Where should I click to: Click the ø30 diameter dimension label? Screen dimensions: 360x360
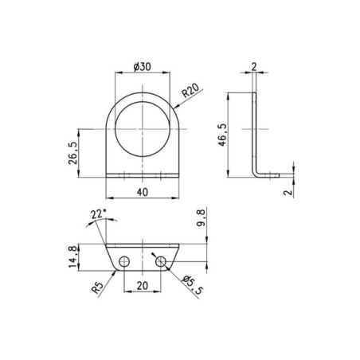(143, 67)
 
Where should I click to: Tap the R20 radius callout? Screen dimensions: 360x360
(190, 91)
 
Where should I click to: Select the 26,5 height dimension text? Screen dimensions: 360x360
(73, 153)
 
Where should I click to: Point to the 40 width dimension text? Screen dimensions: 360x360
(143, 192)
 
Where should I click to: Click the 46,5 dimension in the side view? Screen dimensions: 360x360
(222, 135)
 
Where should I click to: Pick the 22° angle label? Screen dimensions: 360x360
(98, 214)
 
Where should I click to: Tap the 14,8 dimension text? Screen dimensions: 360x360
(73, 256)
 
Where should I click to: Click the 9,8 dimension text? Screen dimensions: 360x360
(201, 217)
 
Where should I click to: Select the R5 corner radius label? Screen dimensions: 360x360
(97, 288)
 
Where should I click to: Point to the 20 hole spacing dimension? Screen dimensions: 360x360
(143, 286)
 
